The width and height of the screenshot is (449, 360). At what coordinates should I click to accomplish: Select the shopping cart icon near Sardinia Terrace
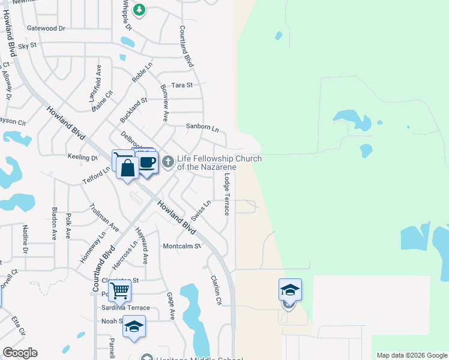120,291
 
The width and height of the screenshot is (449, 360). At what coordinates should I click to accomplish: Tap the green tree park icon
139,10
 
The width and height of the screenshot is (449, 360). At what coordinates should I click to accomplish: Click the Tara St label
181,85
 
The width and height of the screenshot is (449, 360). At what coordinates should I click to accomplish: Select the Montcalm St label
182,246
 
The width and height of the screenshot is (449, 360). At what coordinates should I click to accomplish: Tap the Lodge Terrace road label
227,195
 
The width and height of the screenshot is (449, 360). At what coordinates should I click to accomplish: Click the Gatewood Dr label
46,28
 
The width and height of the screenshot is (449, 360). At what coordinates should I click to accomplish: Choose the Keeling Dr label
83,157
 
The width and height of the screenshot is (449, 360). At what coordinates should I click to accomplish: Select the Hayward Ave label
142,245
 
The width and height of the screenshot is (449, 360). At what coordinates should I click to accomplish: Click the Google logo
20,353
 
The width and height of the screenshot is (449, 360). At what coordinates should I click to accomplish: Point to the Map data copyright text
411,355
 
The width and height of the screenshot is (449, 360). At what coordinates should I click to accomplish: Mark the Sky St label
28,45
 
